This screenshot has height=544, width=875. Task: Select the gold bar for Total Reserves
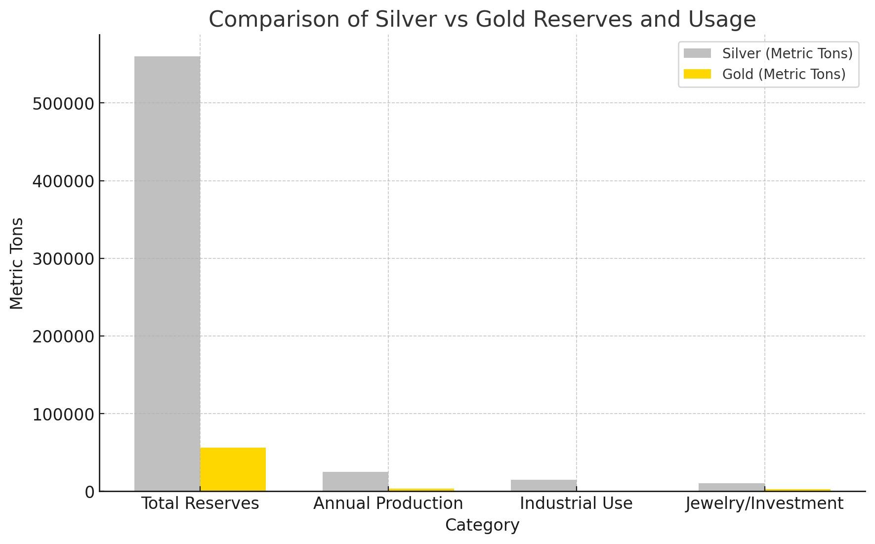(233, 469)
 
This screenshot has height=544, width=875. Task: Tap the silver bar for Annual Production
(355, 481)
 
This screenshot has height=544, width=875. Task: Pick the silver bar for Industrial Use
(543, 485)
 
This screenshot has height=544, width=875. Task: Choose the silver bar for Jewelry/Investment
(731, 487)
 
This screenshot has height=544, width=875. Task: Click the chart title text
(482, 20)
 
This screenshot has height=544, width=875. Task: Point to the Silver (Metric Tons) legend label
(787, 53)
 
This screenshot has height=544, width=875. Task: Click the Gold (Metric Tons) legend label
(784, 74)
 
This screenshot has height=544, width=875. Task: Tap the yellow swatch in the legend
(697, 74)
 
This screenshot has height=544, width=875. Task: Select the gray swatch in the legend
(697, 53)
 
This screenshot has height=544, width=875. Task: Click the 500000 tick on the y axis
(63, 104)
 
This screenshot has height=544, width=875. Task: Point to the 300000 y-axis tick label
(63, 259)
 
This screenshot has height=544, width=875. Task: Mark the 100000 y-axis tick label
(63, 415)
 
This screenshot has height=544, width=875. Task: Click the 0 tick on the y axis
(89, 492)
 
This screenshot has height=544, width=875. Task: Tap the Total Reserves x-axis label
(200, 503)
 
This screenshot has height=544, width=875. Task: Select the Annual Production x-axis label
(388, 503)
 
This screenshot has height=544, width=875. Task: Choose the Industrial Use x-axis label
(576, 503)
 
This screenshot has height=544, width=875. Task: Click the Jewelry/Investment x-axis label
(764, 503)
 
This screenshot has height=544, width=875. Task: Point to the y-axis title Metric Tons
(17, 263)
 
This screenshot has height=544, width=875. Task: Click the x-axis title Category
(482, 525)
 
